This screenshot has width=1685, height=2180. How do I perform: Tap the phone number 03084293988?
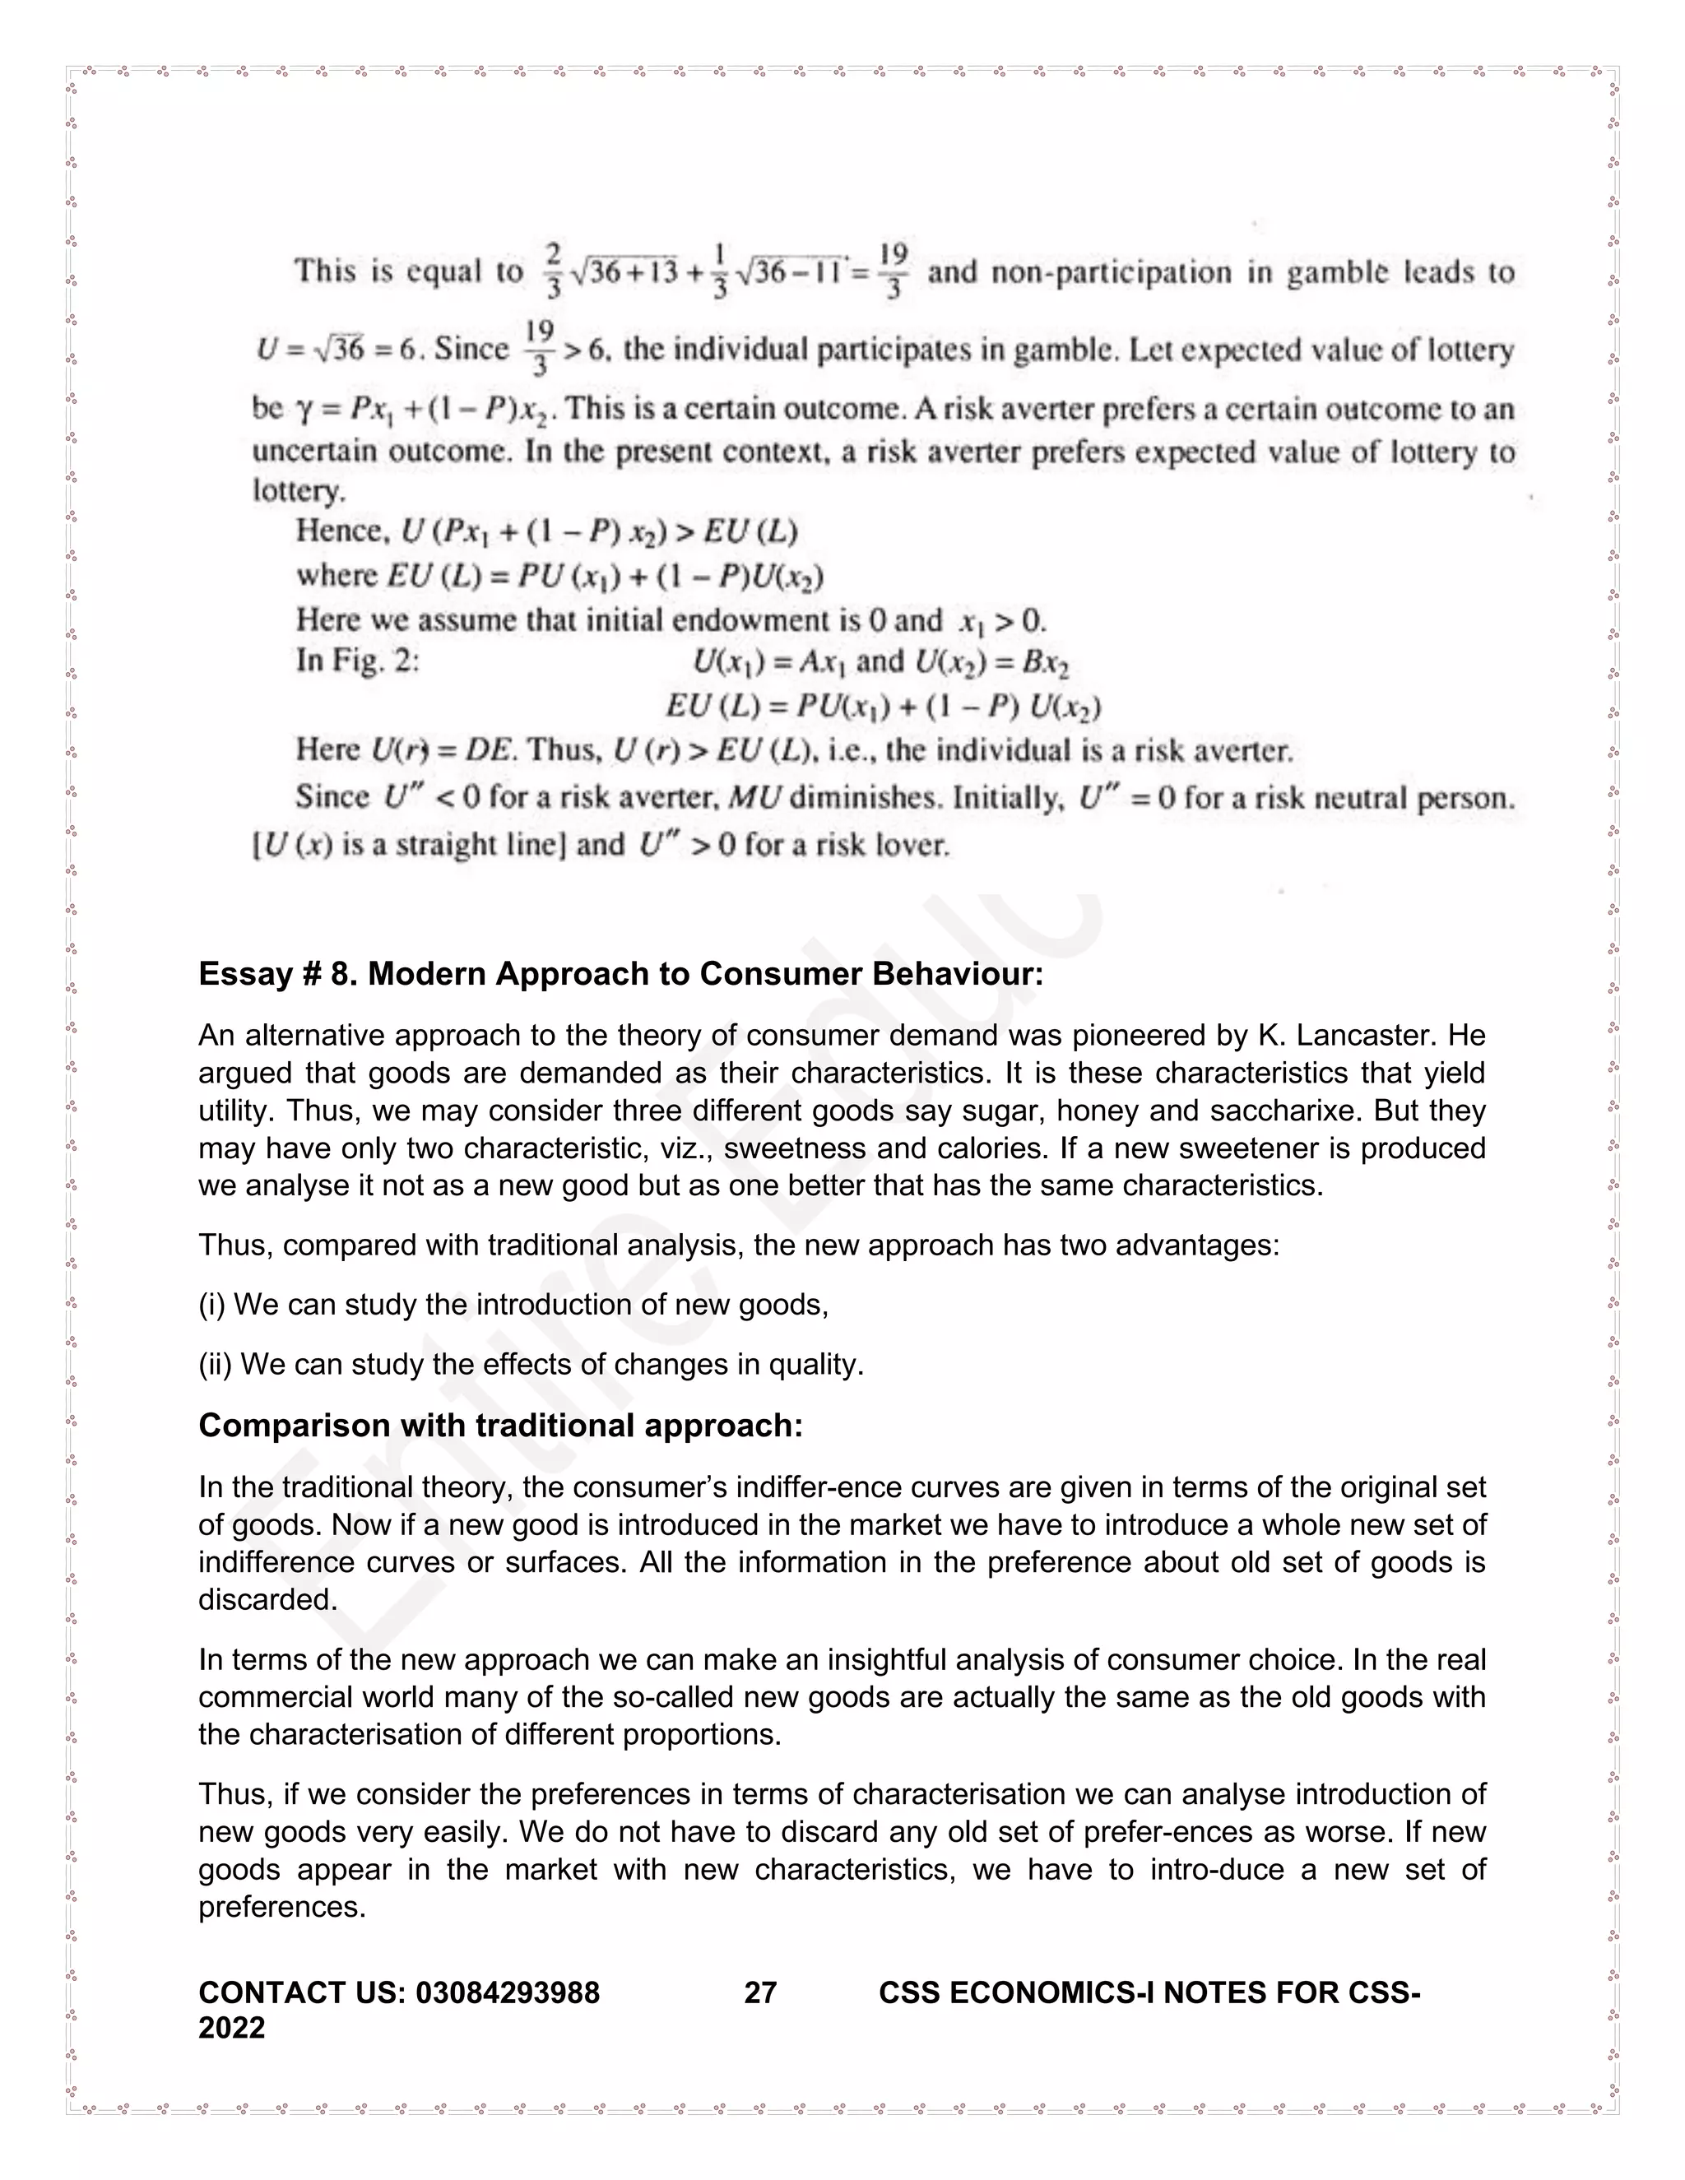click(x=507, y=1992)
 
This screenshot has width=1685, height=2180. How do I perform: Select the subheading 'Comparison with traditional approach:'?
click(x=500, y=1426)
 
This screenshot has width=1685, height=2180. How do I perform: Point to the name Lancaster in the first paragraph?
click(x=1358, y=1035)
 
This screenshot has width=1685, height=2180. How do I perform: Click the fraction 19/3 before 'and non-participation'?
click(x=894, y=271)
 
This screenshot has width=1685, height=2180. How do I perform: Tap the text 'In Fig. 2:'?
click(x=356, y=661)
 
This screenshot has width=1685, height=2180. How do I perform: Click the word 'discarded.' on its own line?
click(x=267, y=1599)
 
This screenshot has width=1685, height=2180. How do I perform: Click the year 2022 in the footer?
click(x=231, y=2027)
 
